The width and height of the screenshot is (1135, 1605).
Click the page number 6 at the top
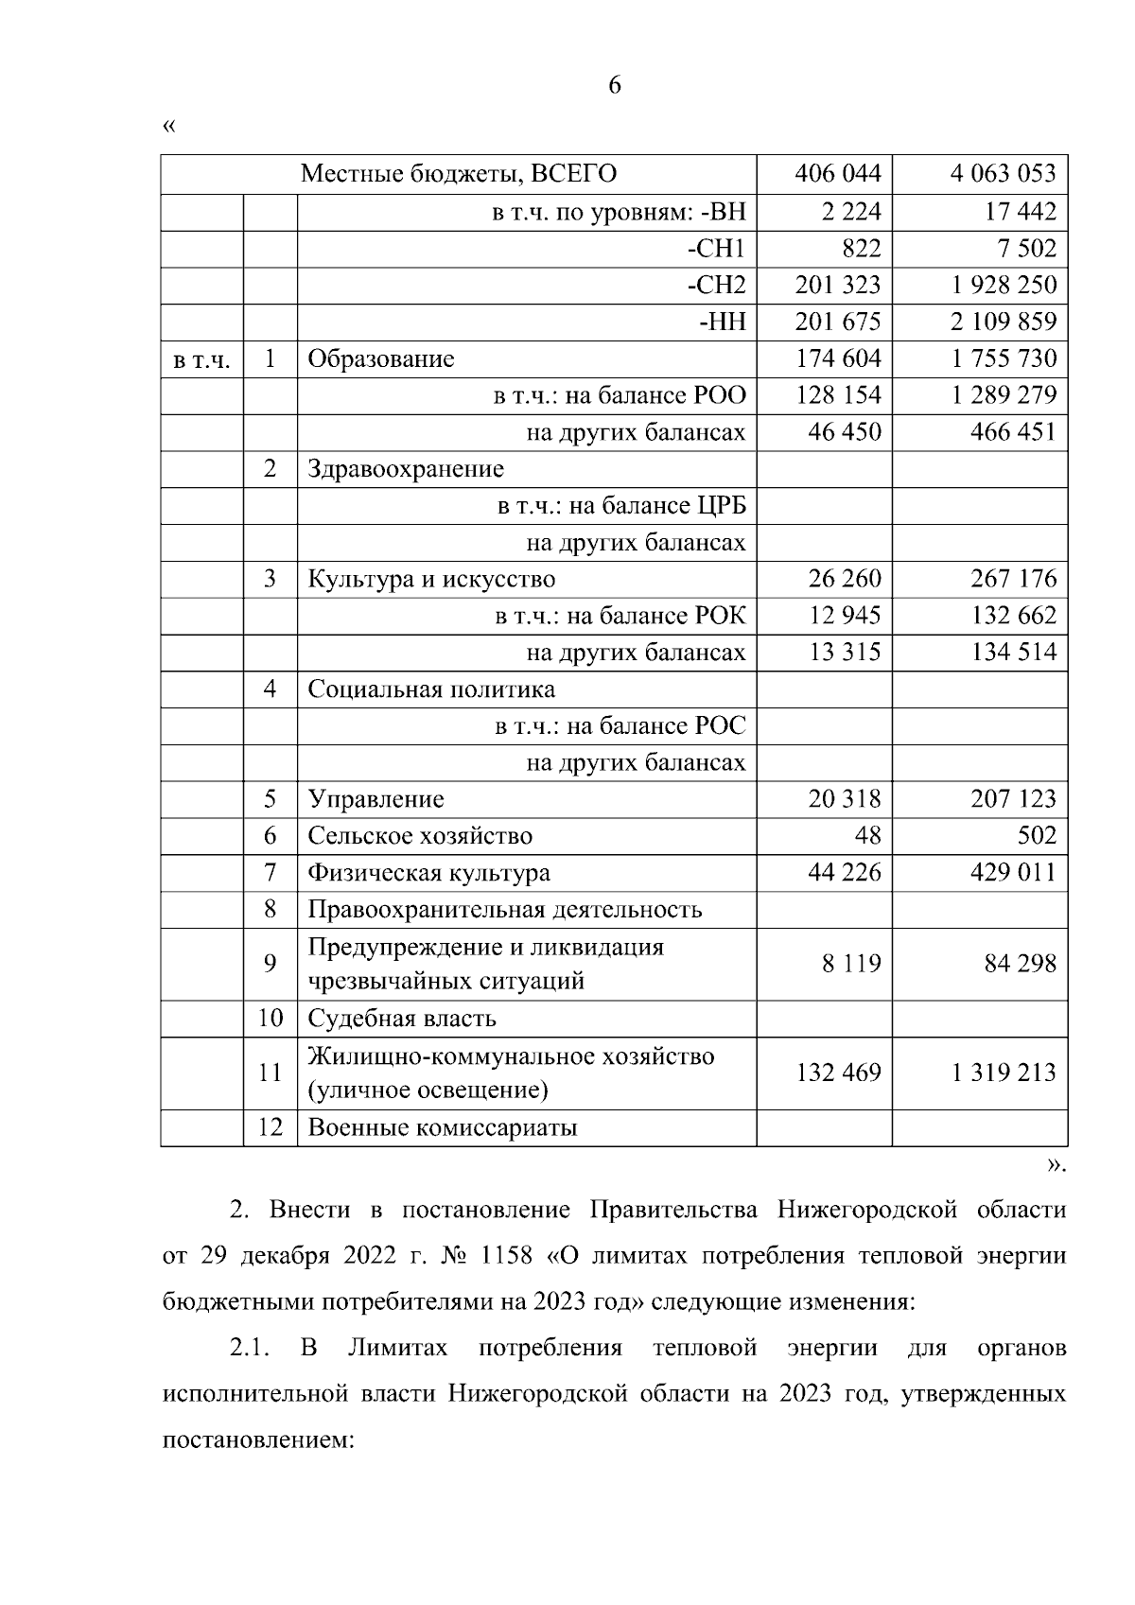tap(615, 86)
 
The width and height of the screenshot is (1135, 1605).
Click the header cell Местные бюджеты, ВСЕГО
tap(458, 174)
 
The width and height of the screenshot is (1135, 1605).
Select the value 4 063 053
tap(1003, 174)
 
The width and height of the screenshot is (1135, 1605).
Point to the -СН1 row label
tap(716, 249)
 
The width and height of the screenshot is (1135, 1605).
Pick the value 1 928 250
tap(1003, 286)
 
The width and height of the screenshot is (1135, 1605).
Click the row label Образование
tap(381, 359)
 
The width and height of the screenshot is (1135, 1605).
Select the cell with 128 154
tap(838, 395)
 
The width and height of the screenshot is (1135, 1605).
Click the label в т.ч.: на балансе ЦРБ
tap(621, 506)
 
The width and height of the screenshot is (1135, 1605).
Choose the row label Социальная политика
tap(431, 689)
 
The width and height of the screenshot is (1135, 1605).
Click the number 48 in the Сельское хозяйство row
tap(867, 836)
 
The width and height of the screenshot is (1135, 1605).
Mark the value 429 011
tap(1013, 873)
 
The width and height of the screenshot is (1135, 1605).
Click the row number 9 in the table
tap(271, 964)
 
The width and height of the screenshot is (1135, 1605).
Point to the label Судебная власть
tap(402, 1020)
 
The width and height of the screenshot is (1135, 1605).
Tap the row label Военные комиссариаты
tap(443, 1128)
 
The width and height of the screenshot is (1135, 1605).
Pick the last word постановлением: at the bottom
tap(258, 1440)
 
